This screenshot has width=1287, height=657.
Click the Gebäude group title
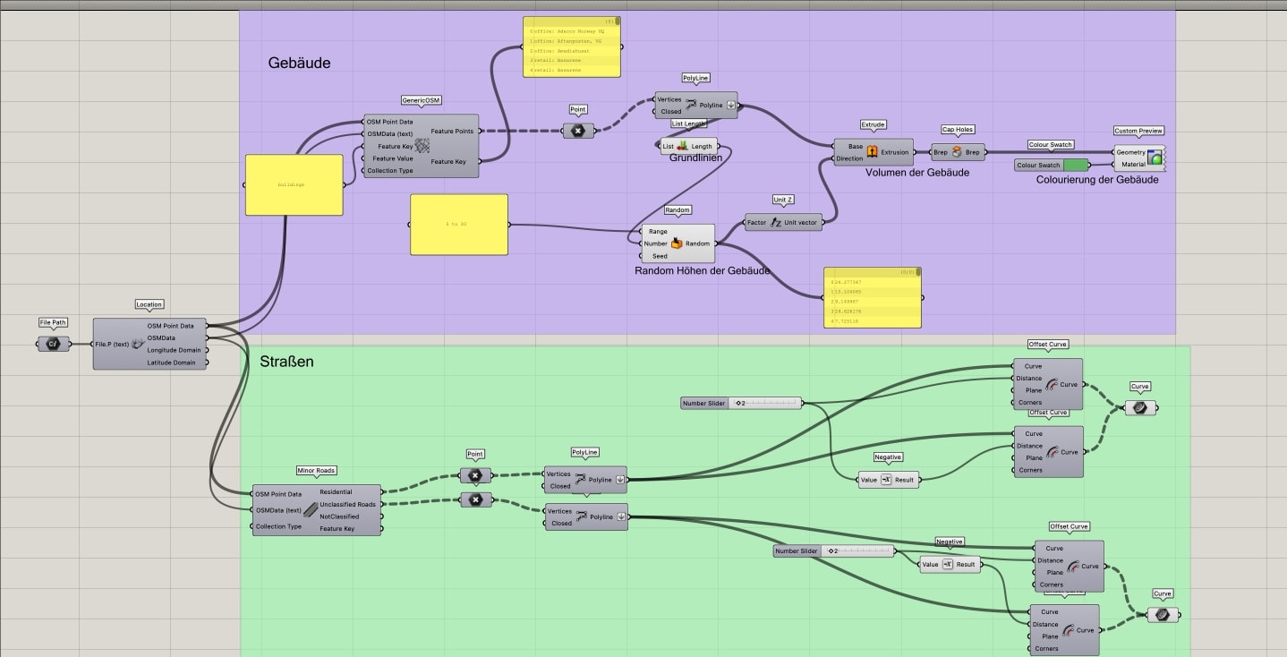(299, 64)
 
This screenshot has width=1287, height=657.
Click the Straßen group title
(286, 362)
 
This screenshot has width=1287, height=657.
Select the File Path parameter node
(53, 344)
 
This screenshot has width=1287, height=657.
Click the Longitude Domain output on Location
(174, 350)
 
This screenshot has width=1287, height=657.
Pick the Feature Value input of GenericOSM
(393, 158)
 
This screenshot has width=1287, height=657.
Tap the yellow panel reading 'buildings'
(294, 185)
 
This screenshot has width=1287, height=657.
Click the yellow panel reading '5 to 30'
(458, 224)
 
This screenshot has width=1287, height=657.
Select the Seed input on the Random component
(660, 256)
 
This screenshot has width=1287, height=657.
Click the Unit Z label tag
(782, 200)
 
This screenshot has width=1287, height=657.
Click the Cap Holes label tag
(957, 130)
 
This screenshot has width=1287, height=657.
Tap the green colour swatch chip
(1077, 165)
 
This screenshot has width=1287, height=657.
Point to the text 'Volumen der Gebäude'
(916, 173)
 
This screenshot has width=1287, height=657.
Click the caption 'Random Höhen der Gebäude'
(702, 270)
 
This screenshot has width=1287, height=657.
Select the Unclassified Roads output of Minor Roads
(347, 504)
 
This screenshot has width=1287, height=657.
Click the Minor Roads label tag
(316, 471)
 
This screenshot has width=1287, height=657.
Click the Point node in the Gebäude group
(577, 131)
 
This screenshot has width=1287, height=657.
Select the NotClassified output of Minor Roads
(339, 516)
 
